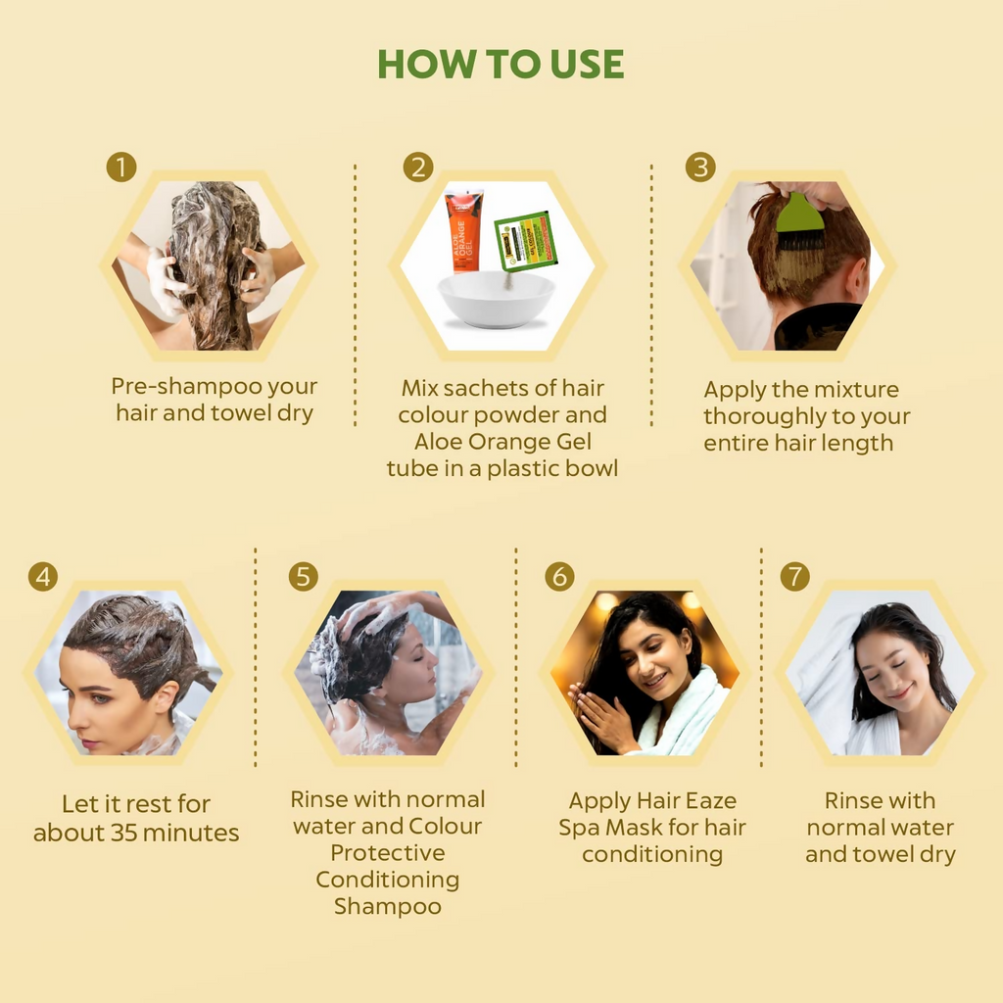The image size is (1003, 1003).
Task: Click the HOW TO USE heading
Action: pos(501,65)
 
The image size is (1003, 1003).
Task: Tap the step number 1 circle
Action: pos(121,167)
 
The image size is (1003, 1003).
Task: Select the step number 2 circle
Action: pos(418,167)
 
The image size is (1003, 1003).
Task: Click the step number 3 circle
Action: pos(699,167)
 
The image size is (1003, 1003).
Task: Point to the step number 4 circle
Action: pos(42,577)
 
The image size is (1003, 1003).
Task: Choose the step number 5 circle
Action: pos(304,577)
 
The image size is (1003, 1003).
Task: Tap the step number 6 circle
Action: pos(559,577)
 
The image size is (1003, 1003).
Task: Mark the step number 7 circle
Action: pos(795,577)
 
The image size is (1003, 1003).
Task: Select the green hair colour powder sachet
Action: pos(526,240)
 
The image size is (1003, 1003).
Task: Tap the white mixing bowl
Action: pos(497,299)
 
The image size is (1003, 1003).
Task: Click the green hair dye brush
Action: pos(800,217)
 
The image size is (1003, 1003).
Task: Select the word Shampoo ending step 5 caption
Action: pos(388,906)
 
